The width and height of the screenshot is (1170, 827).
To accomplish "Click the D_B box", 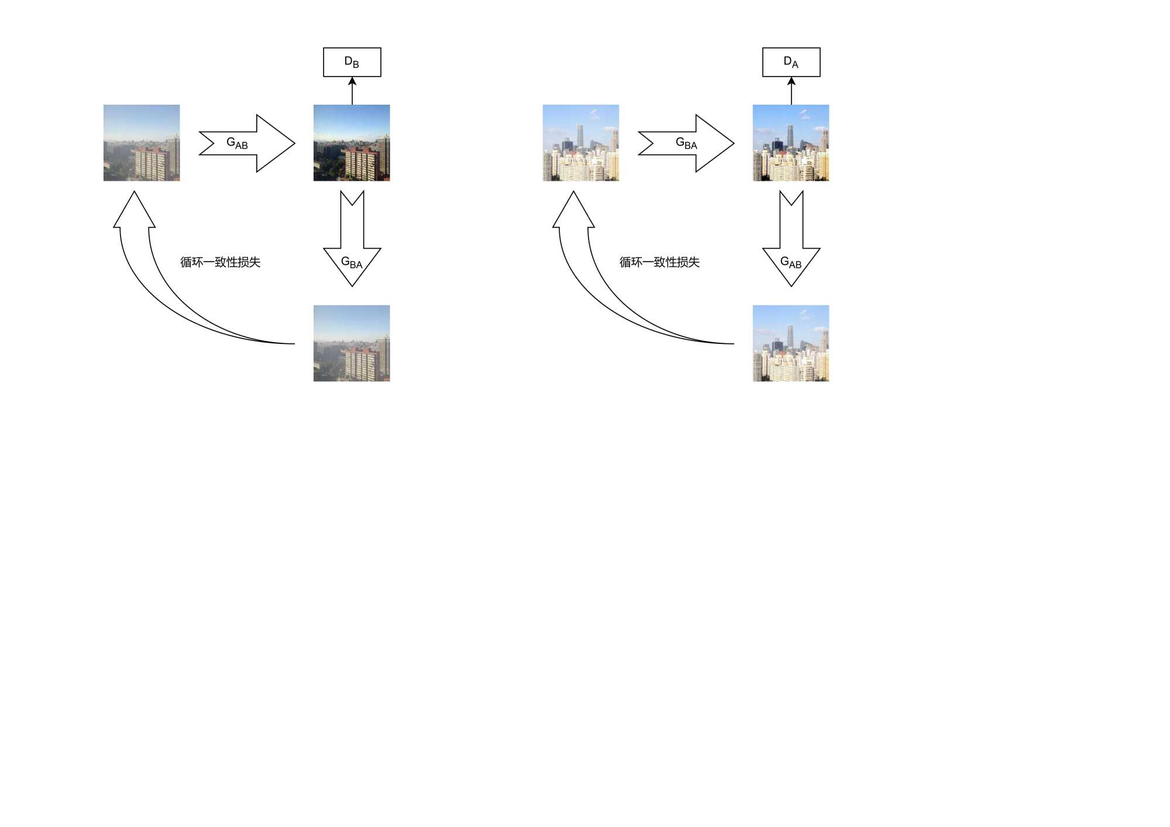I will coord(352,62).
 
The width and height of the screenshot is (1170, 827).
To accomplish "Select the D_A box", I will coord(791,62).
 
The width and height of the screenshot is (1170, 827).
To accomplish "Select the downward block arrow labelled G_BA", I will coord(352,246).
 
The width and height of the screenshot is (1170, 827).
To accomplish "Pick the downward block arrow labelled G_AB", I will coord(791,246).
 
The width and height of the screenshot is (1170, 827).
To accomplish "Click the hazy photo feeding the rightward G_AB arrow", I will coord(142,143).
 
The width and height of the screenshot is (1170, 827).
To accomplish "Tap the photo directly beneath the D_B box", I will coord(352,143).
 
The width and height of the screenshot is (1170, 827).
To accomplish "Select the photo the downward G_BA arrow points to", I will coord(352,343).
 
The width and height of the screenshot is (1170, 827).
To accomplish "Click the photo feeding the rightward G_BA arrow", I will coord(580,143).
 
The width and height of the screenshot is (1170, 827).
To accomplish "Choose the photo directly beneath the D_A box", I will coord(791,143).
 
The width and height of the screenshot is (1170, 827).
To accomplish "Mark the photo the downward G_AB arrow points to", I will coord(791,343).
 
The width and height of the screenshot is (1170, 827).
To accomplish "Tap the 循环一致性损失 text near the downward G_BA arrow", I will coord(220,262).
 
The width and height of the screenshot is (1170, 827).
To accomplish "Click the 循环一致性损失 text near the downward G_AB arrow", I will coord(659,262).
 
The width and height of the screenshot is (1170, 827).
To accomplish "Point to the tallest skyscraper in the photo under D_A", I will coord(790,137).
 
